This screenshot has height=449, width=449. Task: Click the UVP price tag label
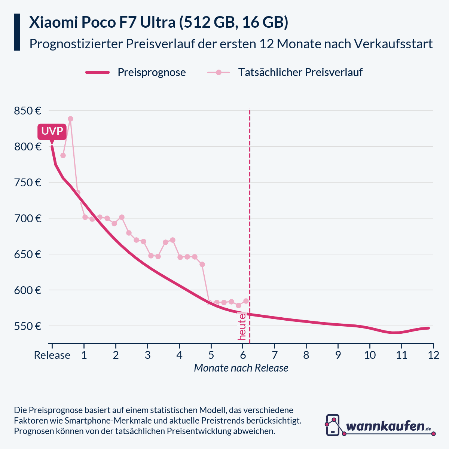[x=52, y=132]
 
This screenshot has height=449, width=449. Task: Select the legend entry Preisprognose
[x=152, y=72]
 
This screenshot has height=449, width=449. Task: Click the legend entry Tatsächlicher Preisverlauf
[x=300, y=72]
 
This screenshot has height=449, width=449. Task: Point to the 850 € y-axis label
[x=27, y=111]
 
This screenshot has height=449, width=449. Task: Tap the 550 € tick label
[x=27, y=326]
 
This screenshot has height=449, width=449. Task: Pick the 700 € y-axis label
[x=27, y=219]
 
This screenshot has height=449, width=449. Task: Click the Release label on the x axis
[x=52, y=355]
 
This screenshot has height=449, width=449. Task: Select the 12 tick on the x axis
[x=433, y=355]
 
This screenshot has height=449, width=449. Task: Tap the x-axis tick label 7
[x=274, y=355]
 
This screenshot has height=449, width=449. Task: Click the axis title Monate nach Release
[x=241, y=368]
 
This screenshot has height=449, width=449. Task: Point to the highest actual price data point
[x=70, y=119]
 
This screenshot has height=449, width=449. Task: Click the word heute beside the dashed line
[x=242, y=327]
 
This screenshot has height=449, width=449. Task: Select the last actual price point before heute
[x=246, y=301]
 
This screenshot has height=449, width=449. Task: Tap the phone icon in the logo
[x=333, y=425]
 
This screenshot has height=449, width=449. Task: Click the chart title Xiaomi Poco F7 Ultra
[x=159, y=23]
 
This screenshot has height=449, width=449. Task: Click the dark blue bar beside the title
[x=17, y=32]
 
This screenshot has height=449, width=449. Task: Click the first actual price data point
[x=63, y=155]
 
